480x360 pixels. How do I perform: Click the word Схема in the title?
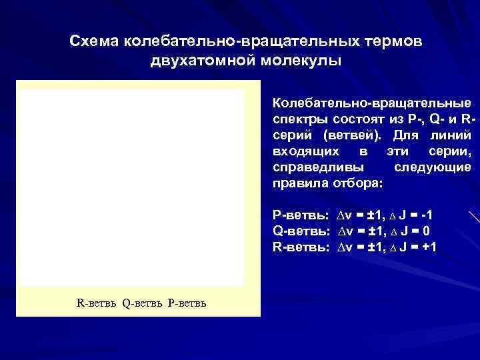(x=93, y=42)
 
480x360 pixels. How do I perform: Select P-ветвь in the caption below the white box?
(x=187, y=304)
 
